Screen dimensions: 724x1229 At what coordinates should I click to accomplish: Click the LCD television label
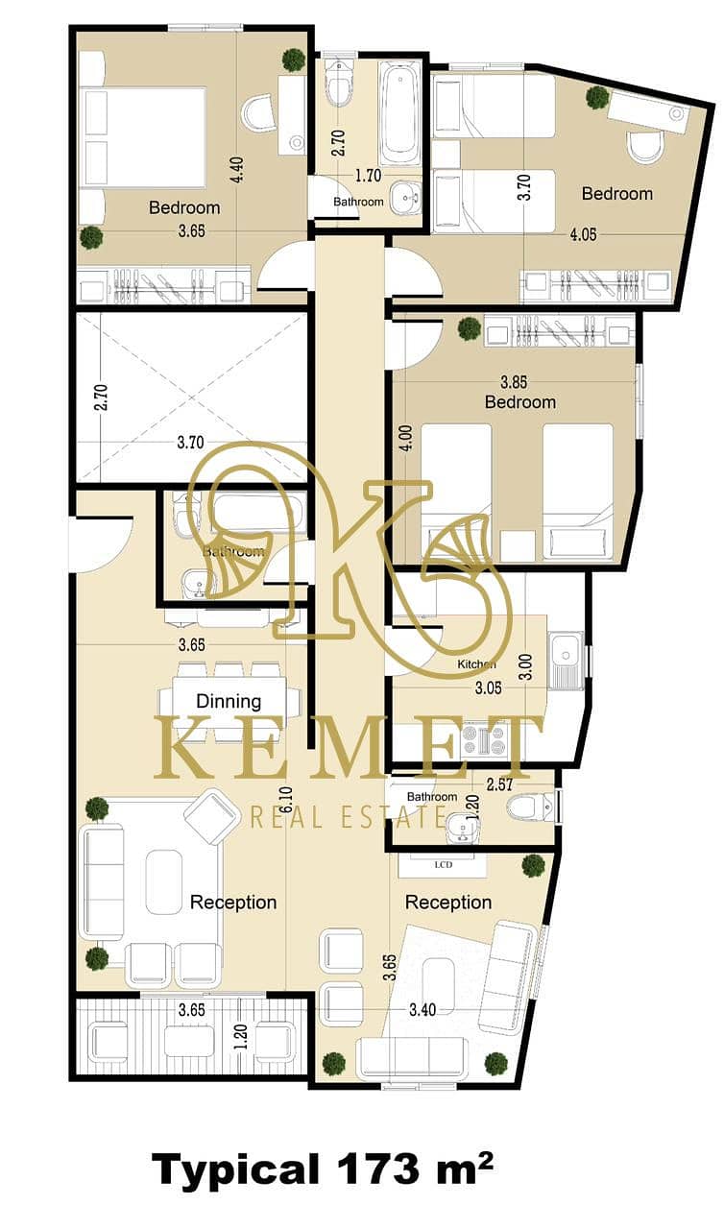pos(444,865)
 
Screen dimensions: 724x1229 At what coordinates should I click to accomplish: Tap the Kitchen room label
pos(476,663)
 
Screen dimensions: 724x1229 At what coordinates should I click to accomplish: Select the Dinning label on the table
pos(229,701)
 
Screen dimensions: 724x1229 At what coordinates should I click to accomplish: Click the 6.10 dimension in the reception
pos(286,802)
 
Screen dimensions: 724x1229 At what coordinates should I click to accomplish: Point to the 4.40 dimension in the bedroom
pos(237,170)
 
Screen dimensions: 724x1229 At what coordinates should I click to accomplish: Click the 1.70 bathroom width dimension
pos(368,176)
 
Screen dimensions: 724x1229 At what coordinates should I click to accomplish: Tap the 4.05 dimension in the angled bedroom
pos(583,234)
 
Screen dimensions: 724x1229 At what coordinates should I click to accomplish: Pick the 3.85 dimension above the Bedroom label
pos(514,381)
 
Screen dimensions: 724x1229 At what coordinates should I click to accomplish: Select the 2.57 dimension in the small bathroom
pos(499,784)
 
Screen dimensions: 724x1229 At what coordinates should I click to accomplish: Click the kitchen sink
pos(565,662)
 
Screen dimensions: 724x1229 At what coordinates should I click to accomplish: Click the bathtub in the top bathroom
pos(399,113)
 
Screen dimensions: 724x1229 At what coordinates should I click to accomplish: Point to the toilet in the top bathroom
pos(338,83)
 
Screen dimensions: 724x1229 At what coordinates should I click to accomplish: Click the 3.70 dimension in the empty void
pos(190,442)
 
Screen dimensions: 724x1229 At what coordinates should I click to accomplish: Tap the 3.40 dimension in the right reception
pos(422,1009)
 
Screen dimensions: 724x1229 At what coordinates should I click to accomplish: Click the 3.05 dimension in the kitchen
pos(488,687)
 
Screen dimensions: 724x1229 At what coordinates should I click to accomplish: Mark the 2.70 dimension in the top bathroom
pos(338,143)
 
